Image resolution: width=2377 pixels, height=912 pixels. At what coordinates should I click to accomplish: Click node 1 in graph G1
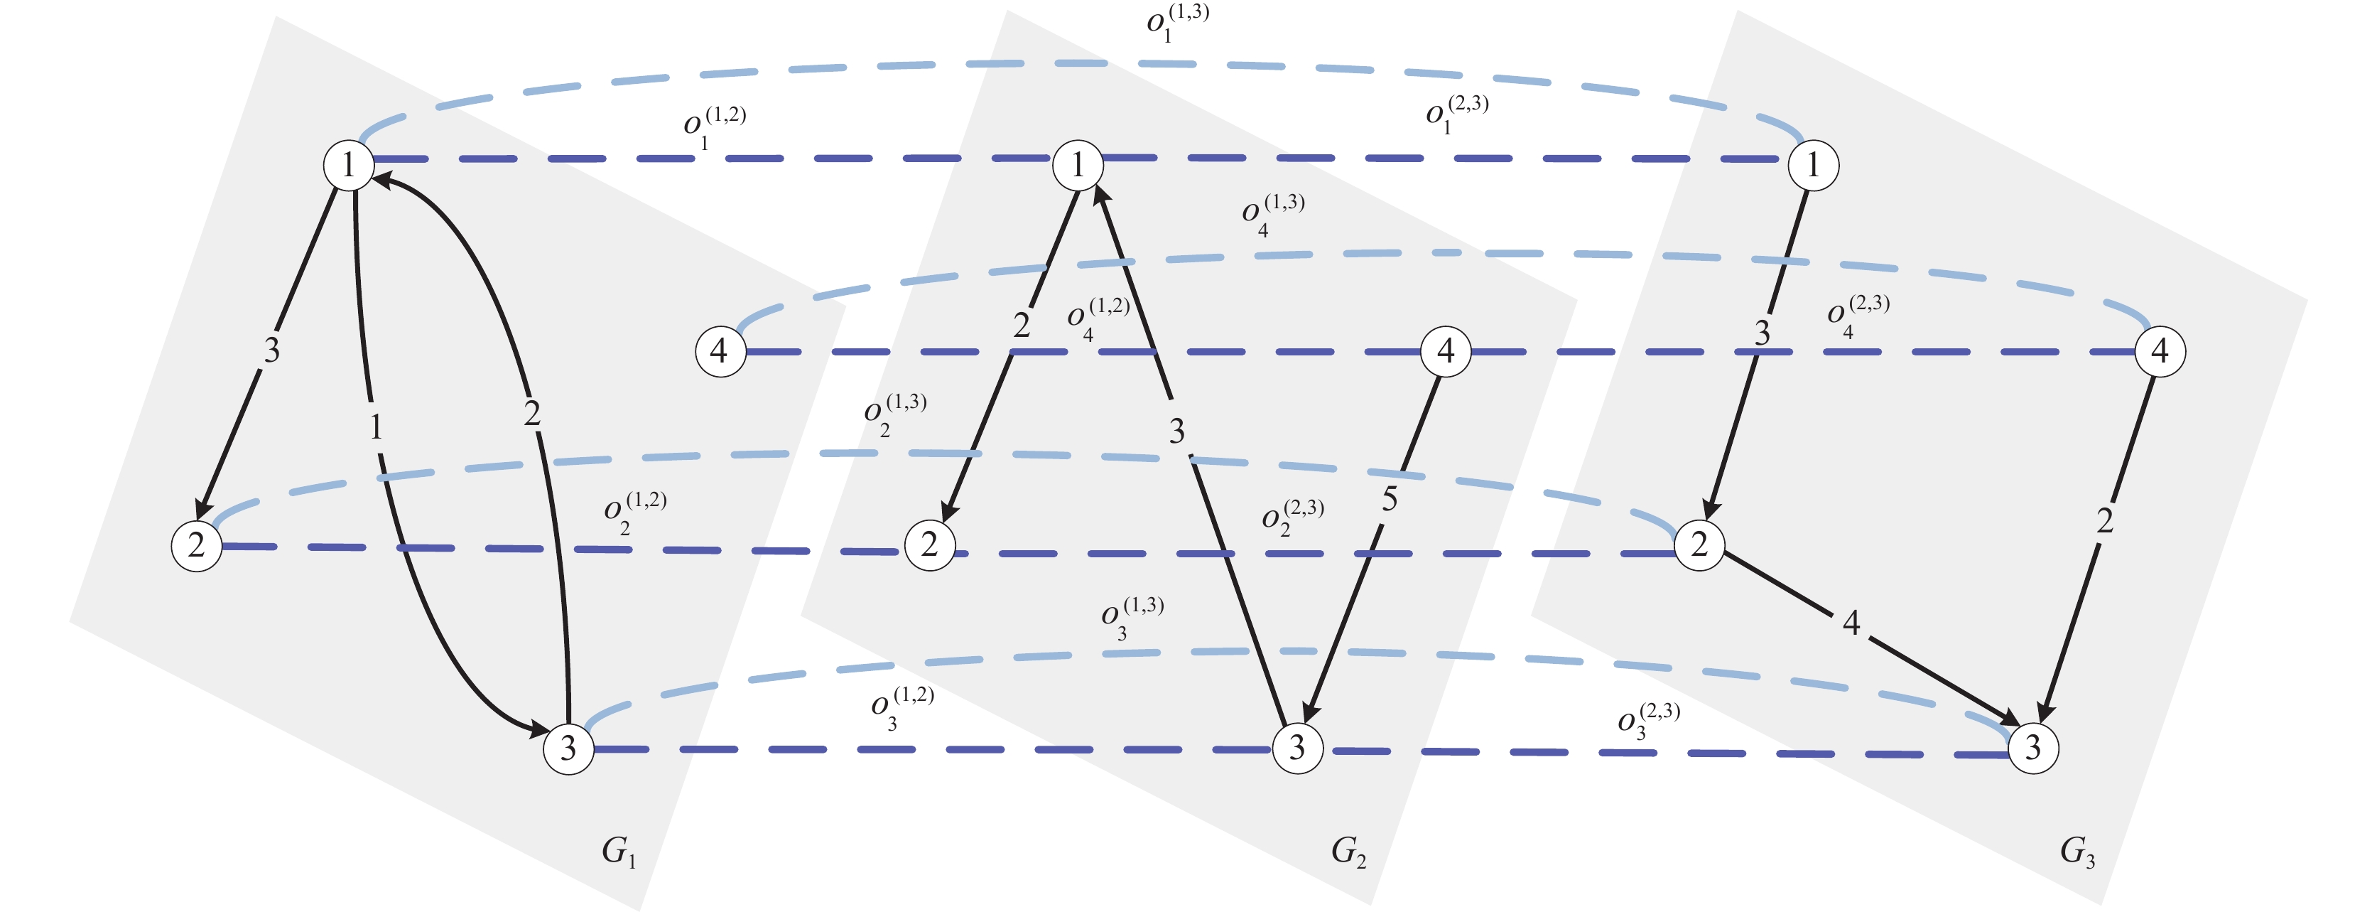349,165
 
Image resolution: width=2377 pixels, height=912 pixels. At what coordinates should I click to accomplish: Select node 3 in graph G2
1296,747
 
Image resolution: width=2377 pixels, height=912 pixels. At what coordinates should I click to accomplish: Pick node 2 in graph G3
1699,544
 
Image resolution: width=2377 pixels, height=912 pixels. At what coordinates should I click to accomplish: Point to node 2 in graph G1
197,545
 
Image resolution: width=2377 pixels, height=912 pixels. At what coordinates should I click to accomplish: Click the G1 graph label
618,851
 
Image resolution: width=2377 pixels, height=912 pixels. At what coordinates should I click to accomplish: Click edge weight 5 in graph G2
1390,500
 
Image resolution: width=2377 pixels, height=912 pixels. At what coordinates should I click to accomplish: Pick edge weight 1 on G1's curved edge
376,427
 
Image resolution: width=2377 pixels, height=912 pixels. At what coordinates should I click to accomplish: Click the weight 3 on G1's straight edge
271,350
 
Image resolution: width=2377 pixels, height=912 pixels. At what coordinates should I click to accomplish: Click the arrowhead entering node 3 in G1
538,729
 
